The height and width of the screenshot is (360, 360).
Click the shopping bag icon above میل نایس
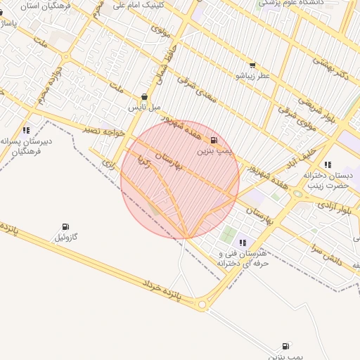point(145,97)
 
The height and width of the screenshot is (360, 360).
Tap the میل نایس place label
point(144,108)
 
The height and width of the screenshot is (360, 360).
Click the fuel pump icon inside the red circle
point(213,140)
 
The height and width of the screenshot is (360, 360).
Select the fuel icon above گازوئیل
point(66,227)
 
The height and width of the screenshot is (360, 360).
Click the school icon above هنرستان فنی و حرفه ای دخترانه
point(243,243)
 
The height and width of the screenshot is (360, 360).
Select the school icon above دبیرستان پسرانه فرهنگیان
point(26,130)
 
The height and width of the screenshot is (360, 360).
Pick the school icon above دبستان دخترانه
point(328,165)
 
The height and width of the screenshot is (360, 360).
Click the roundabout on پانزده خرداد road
point(202,304)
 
